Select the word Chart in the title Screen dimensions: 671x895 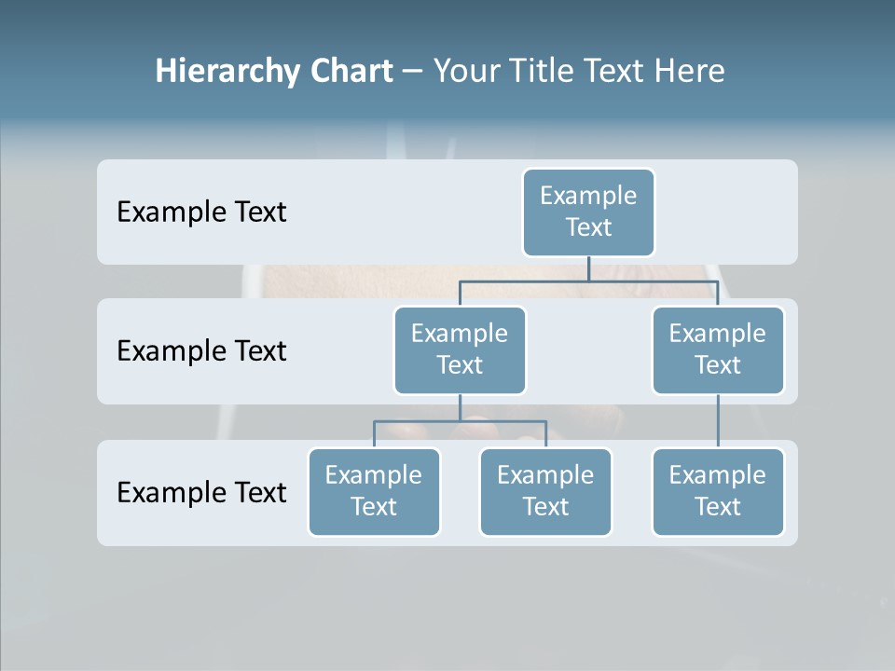(351, 72)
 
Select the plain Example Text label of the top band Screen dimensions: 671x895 (201, 212)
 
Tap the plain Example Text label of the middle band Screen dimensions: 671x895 (201, 351)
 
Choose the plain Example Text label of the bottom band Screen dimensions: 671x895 (201, 492)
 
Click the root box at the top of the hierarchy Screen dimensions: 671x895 (588, 212)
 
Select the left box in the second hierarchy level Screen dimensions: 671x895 (460, 349)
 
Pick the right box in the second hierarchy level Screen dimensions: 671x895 (718, 349)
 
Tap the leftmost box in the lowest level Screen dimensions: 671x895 (374, 491)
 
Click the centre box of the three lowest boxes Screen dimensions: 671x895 (545, 491)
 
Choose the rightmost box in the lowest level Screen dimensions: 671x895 (718, 491)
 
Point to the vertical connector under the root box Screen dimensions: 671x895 (588, 267)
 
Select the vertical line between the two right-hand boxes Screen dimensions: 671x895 (718, 421)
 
